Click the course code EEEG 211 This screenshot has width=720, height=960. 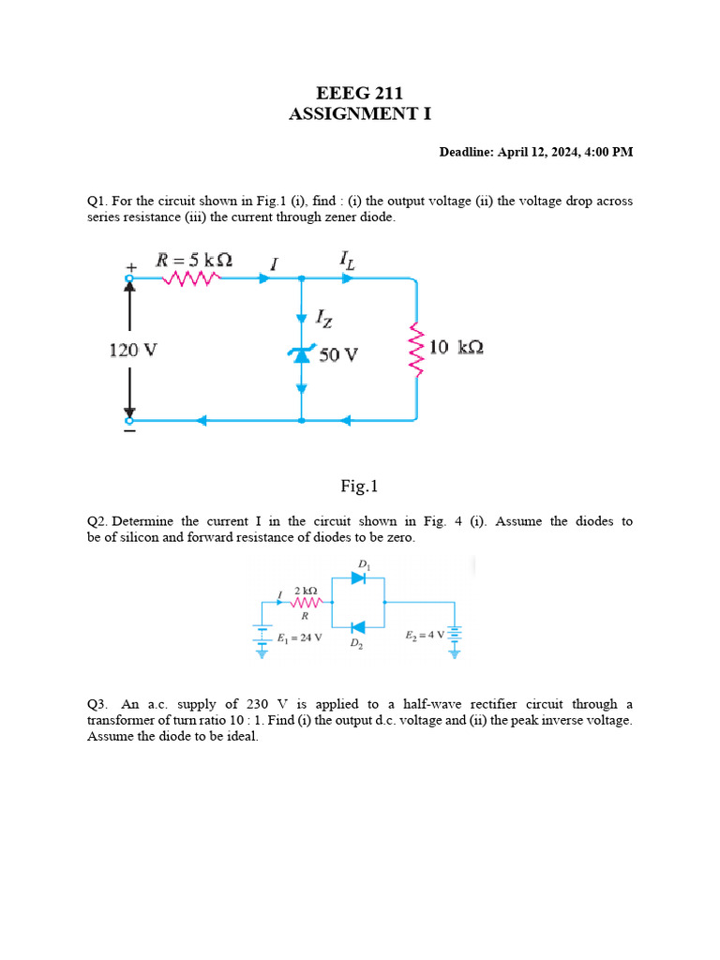(x=360, y=93)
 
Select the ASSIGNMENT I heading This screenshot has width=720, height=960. (x=360, y=114)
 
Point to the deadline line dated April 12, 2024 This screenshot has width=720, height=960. (x=536, y=152)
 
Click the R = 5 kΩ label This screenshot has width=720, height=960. (x=194, y=259)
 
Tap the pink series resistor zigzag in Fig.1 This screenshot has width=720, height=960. (x=192, y=277)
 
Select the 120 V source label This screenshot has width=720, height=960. (x=133, y=350)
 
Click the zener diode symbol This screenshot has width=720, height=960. (x=301, y=354)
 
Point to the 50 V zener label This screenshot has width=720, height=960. (x=338, y=355)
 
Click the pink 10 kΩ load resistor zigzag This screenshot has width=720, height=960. (x=416, y=348)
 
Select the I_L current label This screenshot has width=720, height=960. (x=347, y=260)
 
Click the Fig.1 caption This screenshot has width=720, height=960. (x=359, y=486)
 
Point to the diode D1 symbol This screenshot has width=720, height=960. (x=358, y=578)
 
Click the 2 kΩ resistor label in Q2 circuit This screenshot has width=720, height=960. (x=306, y=590)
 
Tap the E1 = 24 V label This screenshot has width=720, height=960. (x=300, y=637)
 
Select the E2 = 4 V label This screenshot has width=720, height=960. (x=425, y=636)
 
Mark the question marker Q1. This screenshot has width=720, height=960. (x=97, y=201)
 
